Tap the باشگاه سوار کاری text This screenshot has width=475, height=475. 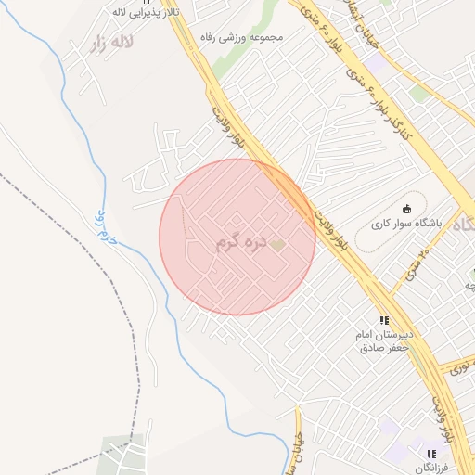pos(405,225)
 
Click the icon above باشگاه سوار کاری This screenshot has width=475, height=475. pos(406,208)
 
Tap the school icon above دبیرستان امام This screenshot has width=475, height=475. pos(384,320)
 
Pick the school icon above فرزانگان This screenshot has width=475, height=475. pos(431,454)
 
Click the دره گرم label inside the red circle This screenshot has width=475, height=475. pos(239,243)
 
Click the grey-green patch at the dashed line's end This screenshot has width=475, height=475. pos(122,454)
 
